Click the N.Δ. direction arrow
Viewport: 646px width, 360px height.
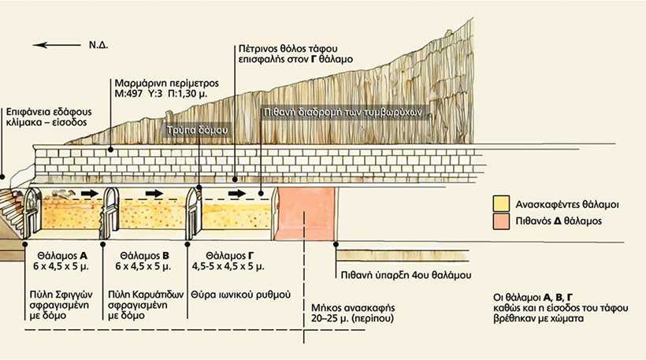click(57, 45)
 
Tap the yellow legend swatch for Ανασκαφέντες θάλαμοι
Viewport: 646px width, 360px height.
click(501, 204)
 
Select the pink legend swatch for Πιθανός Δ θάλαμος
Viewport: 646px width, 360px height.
click(501, 221)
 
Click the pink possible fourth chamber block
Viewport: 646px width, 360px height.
click(305, 213)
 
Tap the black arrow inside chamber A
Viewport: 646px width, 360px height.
click(90, 193)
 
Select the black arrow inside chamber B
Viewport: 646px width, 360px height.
click(154, 193)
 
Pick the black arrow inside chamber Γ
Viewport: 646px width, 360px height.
click(237, 193)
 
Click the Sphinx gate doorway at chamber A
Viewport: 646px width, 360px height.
click(32, 213)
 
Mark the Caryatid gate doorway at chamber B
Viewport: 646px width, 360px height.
click(110, 213)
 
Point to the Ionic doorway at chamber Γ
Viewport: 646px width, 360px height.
click(193, 213)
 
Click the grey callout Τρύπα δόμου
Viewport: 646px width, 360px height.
click(198, 130)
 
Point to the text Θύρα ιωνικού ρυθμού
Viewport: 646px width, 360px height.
click(241, 295)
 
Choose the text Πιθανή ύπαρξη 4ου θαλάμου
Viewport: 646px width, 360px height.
click(406, 275)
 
